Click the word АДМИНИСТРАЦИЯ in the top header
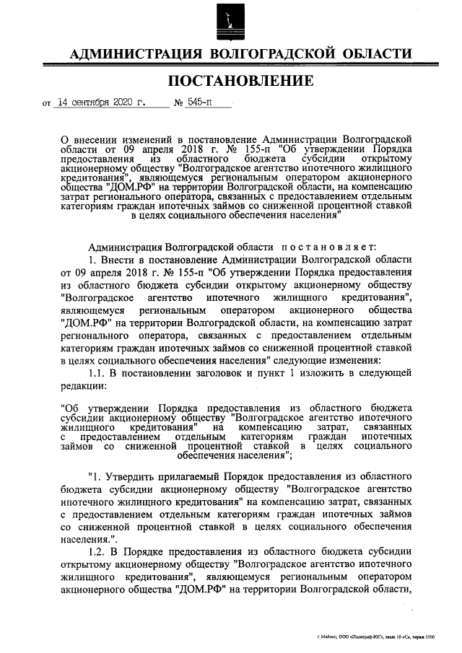(134, 54)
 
